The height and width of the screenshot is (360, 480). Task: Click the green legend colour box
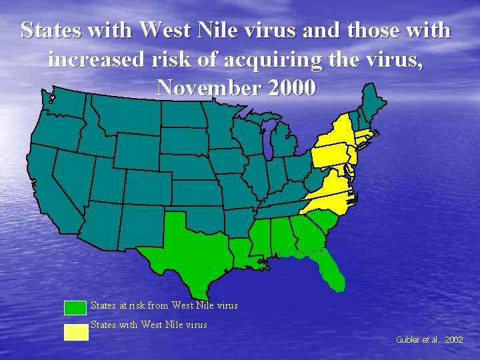75,307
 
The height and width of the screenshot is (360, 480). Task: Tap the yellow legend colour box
75,331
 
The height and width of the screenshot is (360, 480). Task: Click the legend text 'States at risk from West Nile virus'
164,306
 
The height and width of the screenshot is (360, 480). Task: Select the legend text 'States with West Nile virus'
149,325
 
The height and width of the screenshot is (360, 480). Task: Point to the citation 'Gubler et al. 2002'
429,339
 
